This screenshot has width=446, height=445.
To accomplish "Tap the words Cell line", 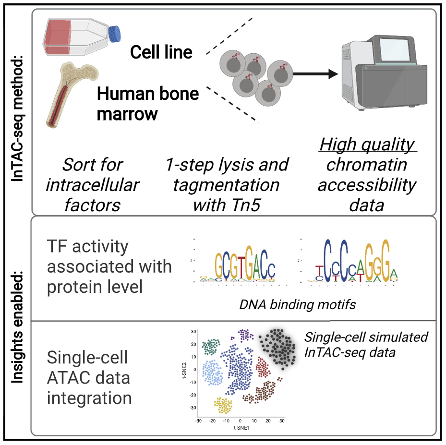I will pos(161,52).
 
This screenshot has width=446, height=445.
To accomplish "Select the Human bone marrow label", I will pos(148,103).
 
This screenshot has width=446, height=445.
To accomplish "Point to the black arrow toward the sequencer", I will pos(314,74).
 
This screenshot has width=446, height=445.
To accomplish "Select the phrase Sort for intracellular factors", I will pos(93,185).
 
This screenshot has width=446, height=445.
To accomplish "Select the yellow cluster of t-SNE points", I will pos(223,405).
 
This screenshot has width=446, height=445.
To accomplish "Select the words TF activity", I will pos(88,246).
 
